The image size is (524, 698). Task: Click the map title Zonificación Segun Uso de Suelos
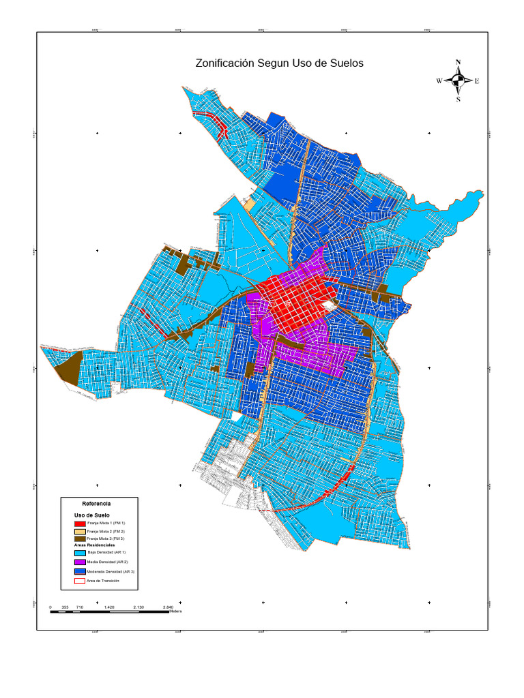[x=280, y=63]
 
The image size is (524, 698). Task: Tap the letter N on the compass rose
[x=458, y=63]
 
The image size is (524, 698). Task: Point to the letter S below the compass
[x=458, y=99]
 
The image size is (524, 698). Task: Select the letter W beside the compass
[x=439, y=81]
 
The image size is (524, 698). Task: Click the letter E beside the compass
[x=476, y=81]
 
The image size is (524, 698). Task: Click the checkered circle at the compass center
[x=458, y=81]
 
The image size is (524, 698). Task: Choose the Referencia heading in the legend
[x=96, y=502]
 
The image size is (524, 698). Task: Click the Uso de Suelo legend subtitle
[x=91, y=515]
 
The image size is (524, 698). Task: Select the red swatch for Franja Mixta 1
[x=79, y=523]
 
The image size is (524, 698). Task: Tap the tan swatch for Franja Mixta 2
[x=79, y=531]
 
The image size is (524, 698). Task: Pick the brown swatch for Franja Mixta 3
[x=79, y=538]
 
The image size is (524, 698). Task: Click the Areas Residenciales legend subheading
[x=95, y=545]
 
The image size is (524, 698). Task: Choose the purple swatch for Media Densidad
[x=79, y=562]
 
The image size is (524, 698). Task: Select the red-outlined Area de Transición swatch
[x=79, y=581]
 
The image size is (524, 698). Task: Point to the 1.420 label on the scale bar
[x=108, y=606]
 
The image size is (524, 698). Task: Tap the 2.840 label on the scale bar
[x=169, y=606]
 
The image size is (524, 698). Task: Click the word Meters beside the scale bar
[x=176, y=611]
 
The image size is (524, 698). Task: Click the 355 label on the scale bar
[x=65, y=606]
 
